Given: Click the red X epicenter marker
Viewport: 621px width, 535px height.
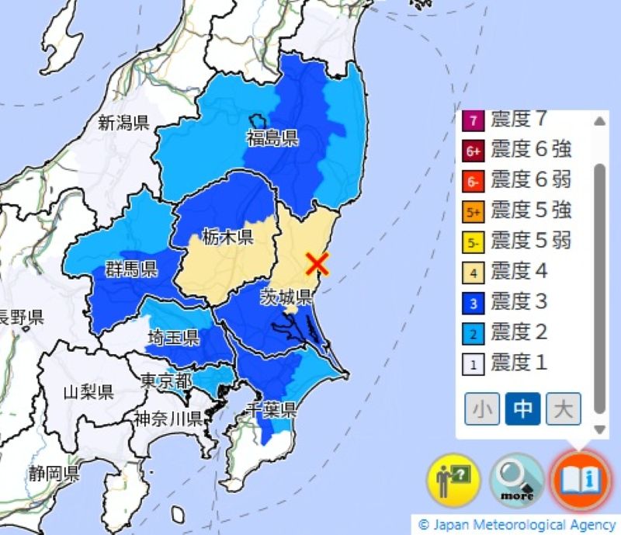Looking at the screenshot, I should pos(317,264).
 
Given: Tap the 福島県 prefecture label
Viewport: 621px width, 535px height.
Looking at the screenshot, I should pos(272,139).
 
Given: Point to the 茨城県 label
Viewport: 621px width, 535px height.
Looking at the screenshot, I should pos(286,296).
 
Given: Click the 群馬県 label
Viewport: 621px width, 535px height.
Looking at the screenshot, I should pos(131,269).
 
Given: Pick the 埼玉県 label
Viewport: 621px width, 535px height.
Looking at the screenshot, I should pos(174,338).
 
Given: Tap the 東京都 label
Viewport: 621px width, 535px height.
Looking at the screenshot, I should pos(166,381).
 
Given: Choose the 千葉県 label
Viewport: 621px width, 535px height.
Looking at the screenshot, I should pos(270,409).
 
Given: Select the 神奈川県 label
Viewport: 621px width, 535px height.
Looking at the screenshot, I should pos(168,419).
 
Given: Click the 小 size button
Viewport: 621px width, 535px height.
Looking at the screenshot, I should pos(482,408).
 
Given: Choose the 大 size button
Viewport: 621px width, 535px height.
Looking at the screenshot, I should pos(563,408).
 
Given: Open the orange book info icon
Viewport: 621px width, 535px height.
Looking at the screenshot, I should pos(581,478).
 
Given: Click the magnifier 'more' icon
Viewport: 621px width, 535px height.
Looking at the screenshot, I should pos(517,480).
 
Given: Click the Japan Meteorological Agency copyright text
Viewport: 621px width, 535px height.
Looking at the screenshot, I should pos(517,526).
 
